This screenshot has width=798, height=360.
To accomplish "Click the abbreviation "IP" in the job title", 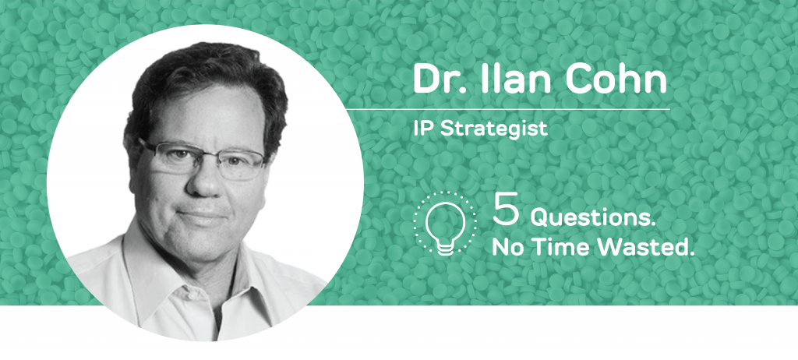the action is tap(424, 129).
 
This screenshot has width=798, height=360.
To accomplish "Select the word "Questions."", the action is tap(593, 218).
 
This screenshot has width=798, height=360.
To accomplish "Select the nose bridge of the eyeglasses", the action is tap(202, 157).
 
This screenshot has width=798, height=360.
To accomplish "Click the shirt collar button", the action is tap(192, 295).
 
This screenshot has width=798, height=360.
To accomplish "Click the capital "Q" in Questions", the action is tap(540, 218).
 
